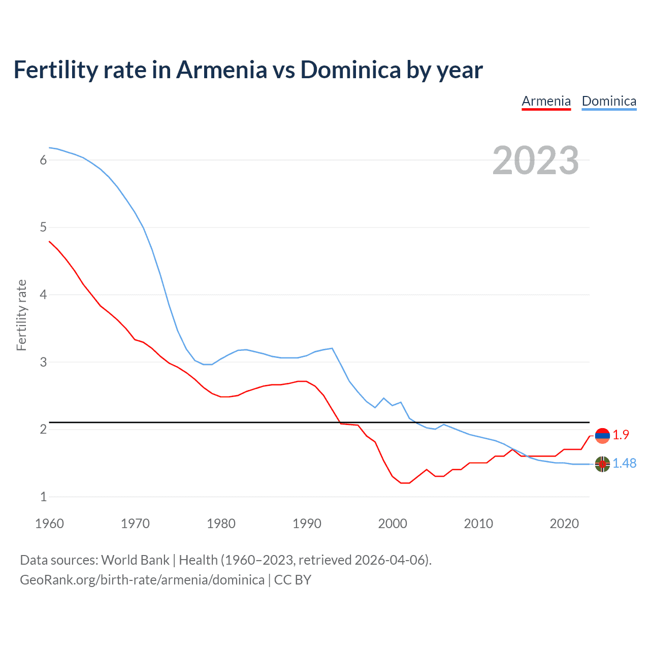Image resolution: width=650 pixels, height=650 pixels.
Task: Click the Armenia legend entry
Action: (x=546, y=101)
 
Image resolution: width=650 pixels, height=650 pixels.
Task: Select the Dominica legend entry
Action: (x=609, y=101)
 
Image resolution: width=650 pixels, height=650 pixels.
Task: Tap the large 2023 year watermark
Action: (x=535, y=160)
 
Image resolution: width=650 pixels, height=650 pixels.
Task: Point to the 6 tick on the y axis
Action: (x=43, y=160)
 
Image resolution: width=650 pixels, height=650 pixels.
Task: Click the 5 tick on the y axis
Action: (x=43, y=227)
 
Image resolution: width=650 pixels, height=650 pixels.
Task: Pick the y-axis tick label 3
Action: (x=43, y=362)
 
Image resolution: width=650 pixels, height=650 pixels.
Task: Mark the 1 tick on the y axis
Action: (x=43, y=497)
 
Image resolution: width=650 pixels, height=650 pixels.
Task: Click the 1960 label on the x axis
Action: (x=49, y=524)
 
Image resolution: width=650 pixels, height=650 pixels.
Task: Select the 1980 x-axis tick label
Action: (x=221, y=524)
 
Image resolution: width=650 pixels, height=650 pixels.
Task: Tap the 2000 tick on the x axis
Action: (x=393, y=524)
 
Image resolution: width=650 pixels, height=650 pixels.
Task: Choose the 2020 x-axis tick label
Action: (x=564, y=524)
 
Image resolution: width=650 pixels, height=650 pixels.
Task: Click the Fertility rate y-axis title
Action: (x=21, y=315)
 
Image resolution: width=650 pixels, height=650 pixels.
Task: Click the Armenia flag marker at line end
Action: (x=602, y=436)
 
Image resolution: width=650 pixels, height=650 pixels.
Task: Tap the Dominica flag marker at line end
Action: (x=602, y=464)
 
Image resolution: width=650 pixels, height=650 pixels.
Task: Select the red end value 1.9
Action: (x=621, y=435)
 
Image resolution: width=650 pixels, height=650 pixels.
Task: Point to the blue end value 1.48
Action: (x=624, y=463)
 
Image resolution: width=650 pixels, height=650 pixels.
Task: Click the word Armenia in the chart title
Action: (x=221, y=70)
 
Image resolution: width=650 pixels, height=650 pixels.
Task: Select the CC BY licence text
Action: (x=292, y=580)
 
